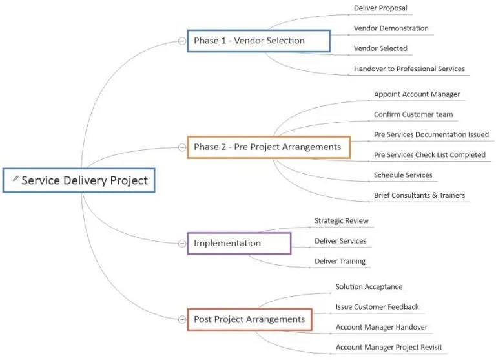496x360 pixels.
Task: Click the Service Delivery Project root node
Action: [79, 180]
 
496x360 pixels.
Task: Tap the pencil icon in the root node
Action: [15, 178]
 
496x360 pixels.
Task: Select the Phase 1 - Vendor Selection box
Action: [258, 41]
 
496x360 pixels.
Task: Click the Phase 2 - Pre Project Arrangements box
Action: [269, 147]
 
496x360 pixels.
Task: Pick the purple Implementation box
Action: [239, 243]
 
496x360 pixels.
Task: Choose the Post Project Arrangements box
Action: [249, 319]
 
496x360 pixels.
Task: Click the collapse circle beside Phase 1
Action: [182, 41]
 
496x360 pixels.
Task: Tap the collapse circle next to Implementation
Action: [182, 243]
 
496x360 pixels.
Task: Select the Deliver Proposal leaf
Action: [380, 8]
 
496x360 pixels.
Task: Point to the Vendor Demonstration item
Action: [391, 28]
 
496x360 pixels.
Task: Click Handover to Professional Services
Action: [409, 69]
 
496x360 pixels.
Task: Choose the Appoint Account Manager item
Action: [417, 94]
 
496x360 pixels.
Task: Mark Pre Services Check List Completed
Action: [429, 155]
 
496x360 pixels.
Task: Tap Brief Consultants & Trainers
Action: [419, 195]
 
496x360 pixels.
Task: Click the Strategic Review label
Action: [341, 221]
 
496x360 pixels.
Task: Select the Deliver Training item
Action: [340, 261]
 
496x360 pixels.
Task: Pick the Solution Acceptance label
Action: [369, 287]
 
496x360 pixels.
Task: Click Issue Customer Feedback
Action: [377, 307]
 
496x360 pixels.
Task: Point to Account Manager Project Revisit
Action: [388, 347]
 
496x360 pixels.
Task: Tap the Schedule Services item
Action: [403, 175]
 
